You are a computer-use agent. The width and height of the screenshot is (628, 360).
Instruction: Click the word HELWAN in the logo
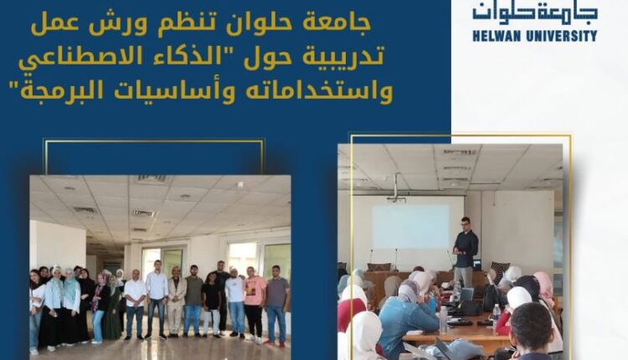click(x=497, y=37)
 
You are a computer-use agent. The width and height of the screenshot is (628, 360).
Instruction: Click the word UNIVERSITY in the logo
click(x=561, y=37)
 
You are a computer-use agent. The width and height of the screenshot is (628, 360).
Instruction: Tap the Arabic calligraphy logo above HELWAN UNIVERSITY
click(x=535, y=13)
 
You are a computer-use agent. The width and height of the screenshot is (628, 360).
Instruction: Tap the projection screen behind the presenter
click(x=411, y=227)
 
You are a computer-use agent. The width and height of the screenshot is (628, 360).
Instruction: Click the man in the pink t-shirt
click(x=255, y=303)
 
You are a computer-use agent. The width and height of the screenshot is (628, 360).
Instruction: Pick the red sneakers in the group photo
click(x=275, y=343)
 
